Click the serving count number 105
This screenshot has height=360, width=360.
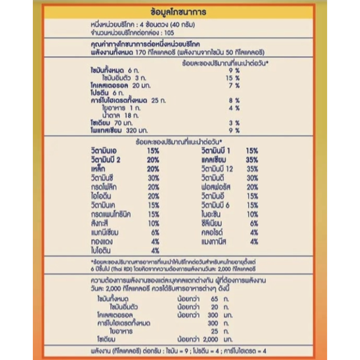coord(167,33)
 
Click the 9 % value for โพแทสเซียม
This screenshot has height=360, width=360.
coord(234,130)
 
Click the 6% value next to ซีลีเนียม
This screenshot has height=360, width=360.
coord(254,223)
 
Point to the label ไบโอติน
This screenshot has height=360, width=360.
coord(101,250)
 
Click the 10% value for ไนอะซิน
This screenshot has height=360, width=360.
coord(252,214)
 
